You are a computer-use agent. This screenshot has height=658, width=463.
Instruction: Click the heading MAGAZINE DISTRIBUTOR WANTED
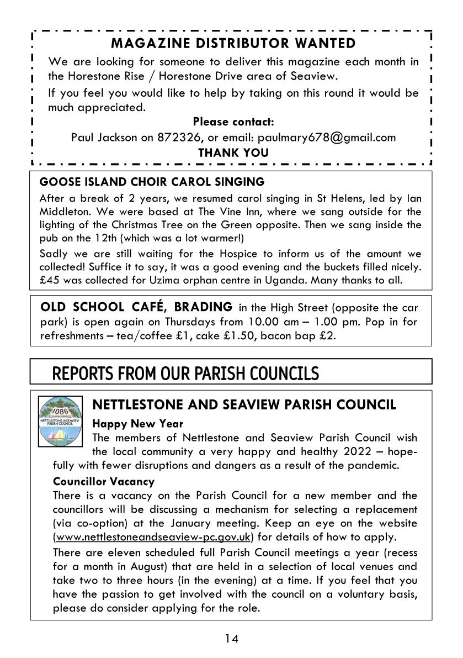click(x=233, y=43)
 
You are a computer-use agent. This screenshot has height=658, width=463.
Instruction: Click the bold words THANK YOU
click(x=233, y=152)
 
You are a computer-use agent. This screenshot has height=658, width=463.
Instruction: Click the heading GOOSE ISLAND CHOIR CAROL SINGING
click(x=152, y=182)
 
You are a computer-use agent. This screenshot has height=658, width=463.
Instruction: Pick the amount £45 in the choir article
click(x=50, y=280)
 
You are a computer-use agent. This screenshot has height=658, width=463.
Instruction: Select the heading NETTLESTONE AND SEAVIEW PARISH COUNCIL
click(x=244, y=405)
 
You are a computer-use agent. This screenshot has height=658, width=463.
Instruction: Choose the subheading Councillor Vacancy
click(x=104, y=481)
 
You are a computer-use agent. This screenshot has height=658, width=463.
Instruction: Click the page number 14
click(x=232, y=639)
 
